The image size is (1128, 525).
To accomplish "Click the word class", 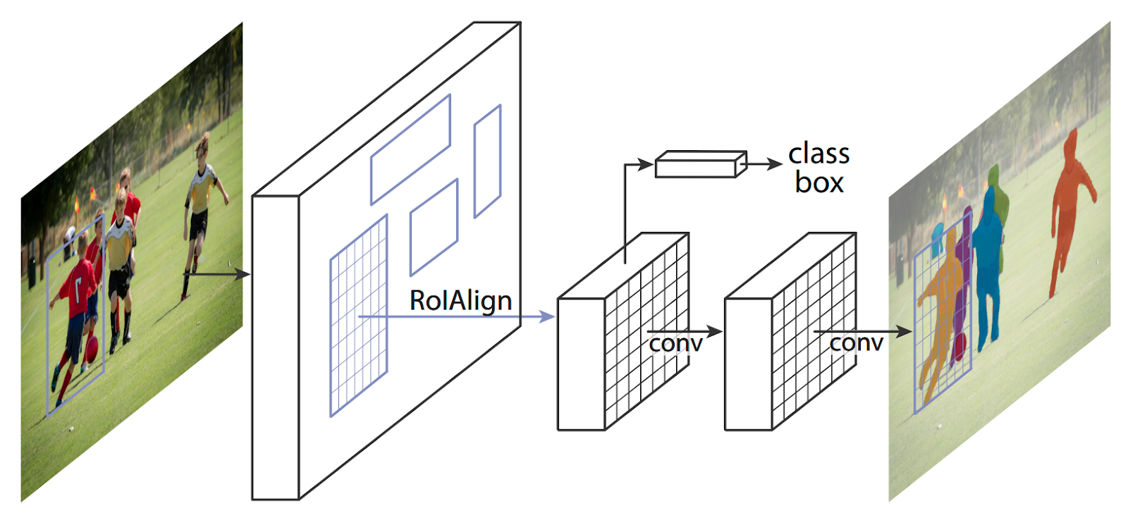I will pyautogui.click(x=819, y=154).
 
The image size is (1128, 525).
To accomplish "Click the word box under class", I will pyautogui.click(x=819, y=183).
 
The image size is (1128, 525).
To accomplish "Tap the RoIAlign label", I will pyautogui.click(x=460, y=301).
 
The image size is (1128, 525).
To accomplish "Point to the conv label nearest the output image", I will pyautogui.click(x=856, y=342).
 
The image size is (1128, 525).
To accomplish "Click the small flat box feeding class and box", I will pyautogui.click(x=700, y=164).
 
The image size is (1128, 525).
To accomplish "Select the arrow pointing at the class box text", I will pyautogui.click(x=765, y=164).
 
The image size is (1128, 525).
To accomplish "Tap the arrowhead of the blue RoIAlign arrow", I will pyautogui.click(x=548, y=317).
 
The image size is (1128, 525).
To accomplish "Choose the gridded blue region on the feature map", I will pyautogui.click(x=358, y=316).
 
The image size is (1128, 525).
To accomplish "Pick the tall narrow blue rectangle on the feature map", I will pyautogui.click(x=487, y=161).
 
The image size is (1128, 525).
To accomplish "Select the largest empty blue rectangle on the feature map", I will pyautogui.click(x=410, y=149).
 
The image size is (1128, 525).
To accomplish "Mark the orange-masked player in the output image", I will pyautogui.click(x=1072, y=204).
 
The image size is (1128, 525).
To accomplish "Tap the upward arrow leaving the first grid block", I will pyautogui.click(x=625, y=211).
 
